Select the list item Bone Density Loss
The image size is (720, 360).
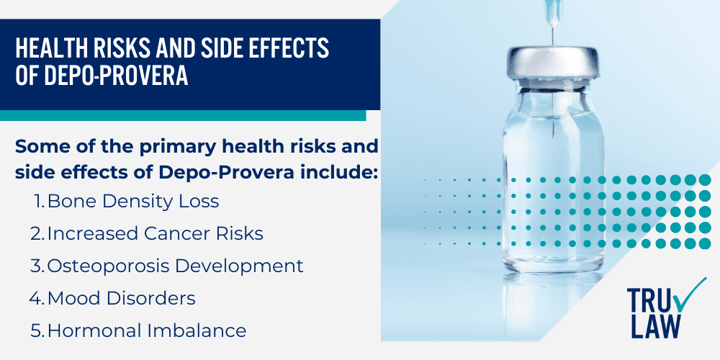coord(133,202)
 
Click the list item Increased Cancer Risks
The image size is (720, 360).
coord(155,233)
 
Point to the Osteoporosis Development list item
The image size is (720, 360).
coord(175,266)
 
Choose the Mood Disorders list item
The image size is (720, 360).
coord(121,297)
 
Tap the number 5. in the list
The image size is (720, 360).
coord(37,330)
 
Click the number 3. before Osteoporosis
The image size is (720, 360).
coord(37,266)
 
